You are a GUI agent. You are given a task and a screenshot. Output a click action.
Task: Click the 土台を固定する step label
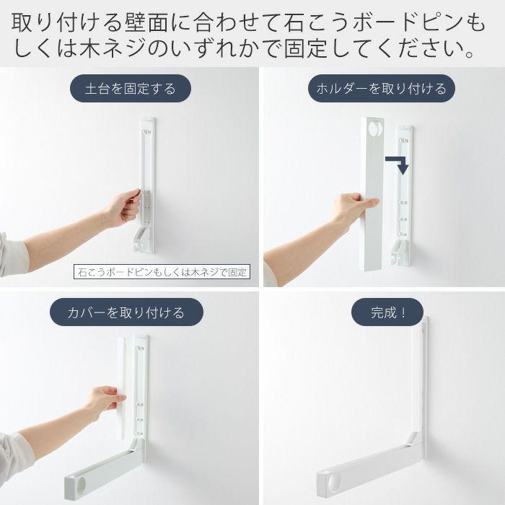point(131,89)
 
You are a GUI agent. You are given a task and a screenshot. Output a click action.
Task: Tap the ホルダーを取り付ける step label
point(382,89)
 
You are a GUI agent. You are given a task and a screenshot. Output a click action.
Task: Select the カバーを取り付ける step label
point(126,312)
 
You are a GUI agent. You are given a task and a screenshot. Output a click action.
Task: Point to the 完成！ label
point(387,312)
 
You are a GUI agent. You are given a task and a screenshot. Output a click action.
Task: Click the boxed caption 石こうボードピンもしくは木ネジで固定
point(162,272)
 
